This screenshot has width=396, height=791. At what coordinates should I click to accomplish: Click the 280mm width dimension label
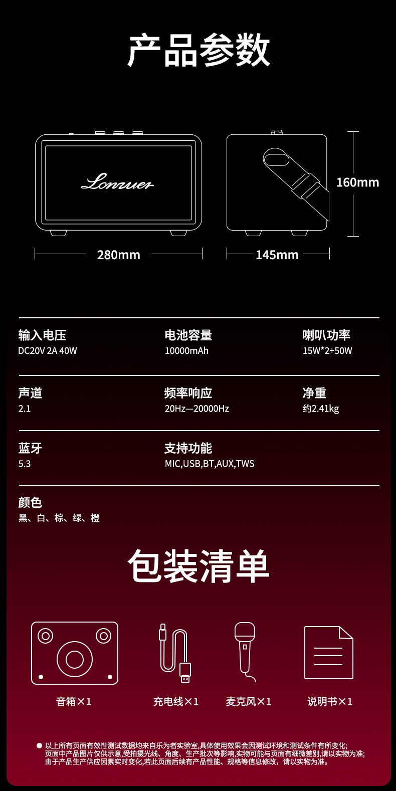119,255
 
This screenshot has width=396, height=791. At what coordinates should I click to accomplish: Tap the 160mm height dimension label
357,182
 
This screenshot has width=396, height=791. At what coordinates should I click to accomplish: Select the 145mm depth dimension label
277,255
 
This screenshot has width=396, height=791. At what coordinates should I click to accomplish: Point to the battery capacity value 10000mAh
186,351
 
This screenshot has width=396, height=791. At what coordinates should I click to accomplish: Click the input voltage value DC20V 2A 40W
47,351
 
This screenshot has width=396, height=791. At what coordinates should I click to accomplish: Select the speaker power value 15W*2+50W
327,351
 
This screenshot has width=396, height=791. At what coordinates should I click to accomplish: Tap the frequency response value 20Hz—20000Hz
197,409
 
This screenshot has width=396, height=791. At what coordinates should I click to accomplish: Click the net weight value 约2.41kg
321,409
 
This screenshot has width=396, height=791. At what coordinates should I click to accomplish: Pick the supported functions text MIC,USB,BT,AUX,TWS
210,464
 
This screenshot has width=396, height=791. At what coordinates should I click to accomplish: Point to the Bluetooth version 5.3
25,464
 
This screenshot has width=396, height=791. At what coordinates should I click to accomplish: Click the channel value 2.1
25,409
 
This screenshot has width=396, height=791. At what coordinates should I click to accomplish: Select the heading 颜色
30,502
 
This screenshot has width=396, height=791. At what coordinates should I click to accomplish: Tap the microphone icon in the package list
245,652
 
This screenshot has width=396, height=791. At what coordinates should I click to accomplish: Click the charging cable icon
175,653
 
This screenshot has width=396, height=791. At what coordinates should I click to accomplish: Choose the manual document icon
328,653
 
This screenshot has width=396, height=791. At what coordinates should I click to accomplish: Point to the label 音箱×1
74,701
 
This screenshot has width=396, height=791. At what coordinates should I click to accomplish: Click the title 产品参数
199,50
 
